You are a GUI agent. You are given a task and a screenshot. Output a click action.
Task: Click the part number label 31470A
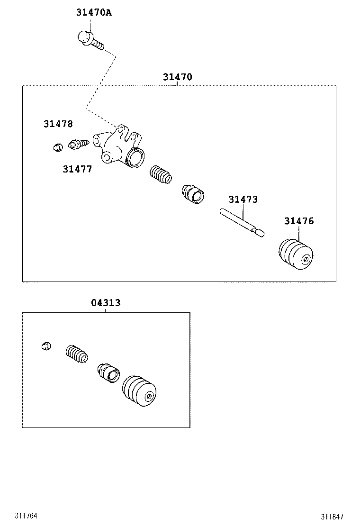(x=93, y=13)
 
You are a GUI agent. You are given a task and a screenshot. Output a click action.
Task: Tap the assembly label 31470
(x=178, y=77)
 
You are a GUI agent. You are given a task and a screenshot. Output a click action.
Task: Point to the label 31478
(x=58, y=124)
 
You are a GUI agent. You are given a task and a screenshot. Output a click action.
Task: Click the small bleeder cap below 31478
(x=57, y=147)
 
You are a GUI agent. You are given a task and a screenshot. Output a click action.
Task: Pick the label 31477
(x=77, y=169)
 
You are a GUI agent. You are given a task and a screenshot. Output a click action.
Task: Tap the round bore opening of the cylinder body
(x=136, y=157)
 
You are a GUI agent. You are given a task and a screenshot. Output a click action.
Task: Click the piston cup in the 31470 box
(x=193, y=193)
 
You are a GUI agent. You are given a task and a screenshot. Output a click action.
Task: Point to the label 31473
(x=243, y=200)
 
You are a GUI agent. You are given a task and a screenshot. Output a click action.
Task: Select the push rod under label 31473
(x=242, y=222)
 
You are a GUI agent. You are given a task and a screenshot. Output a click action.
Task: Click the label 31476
(x=299, y=221)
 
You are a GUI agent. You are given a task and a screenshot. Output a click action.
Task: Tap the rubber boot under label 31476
(x=297, y=255)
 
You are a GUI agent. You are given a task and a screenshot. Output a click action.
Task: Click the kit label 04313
(x=106, y=303)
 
